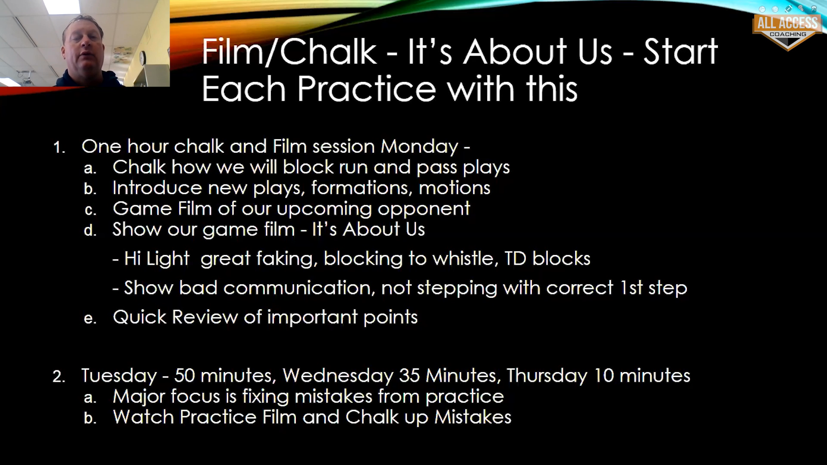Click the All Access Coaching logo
(787, 30)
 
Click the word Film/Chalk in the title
(289, 52)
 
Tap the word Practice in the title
(367, 89)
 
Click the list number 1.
(59, 148)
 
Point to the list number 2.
(59, 377)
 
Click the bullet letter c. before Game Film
(90, 210)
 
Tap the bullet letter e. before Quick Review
(90, 318)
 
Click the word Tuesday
(119, 376)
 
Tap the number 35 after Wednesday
(409, 375)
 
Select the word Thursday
(547, 376)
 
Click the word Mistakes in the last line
(473, 417)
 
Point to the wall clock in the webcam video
(143, 58)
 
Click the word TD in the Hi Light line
(516, 259)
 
